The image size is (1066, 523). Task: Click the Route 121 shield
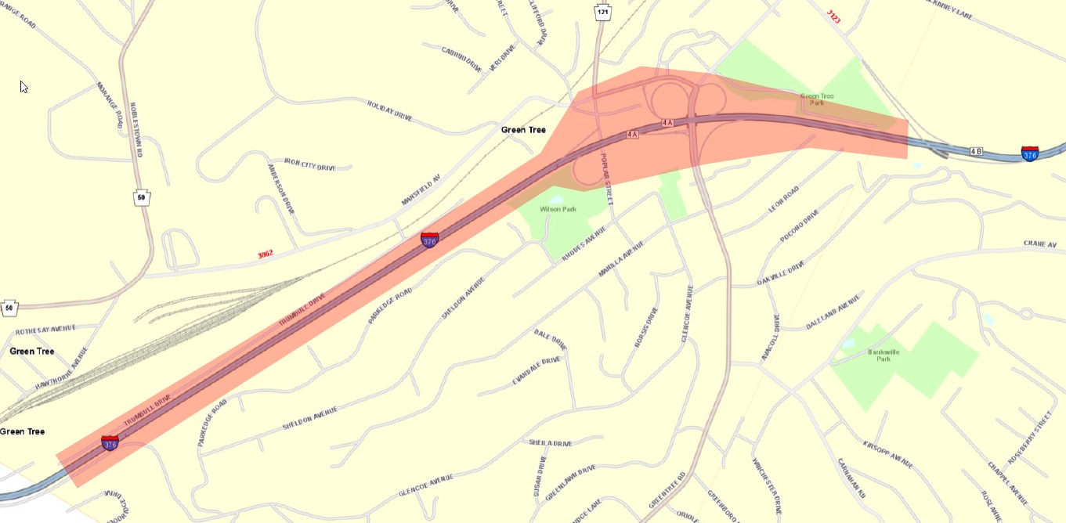click(x=602, y=13)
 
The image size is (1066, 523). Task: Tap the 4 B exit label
click(x=976, y=150)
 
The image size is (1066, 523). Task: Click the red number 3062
click(x=265, y=254)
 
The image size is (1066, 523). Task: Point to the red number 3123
click(x=833, y=16)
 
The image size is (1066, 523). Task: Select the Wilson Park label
click(x=558, y=209)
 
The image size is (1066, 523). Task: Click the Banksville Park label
click(x=880, y=355)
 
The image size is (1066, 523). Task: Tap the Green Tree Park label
click(x=817, y=99)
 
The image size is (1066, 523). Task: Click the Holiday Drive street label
click(x=389, y=110)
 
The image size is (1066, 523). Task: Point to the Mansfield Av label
click(x=421, y=190)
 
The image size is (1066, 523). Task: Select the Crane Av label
click(x=1040, y=245)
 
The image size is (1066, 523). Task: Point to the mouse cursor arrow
click(x=23, y=86)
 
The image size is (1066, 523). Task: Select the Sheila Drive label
click(x=551, y=443)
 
